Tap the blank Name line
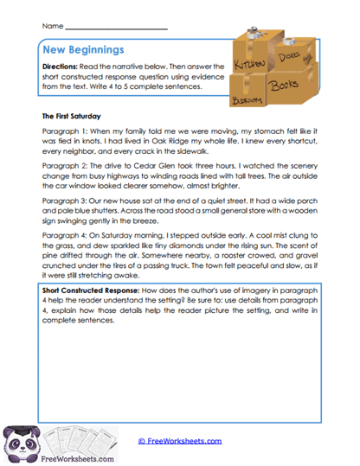point(118,29)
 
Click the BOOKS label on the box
point(285,86)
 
